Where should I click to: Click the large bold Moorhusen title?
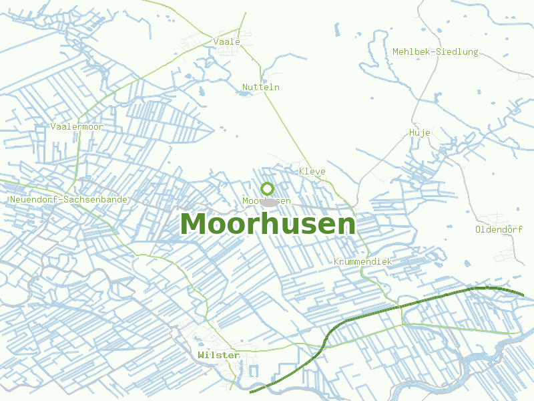[268, 224]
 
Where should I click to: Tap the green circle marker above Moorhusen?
[267, 188]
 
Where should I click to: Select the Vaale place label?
[226, 41]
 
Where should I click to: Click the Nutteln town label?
[261, 88]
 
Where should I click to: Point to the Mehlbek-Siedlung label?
[435, 51]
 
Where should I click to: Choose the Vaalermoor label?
[77, 126]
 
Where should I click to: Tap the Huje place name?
[419, 132]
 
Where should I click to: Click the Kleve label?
[312, 172]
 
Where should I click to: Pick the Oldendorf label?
[499, 229]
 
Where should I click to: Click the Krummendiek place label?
[362, 261]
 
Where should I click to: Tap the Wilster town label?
[218, 355]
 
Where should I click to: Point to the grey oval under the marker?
[269, 202]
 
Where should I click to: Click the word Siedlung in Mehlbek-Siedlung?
[457, 51]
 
